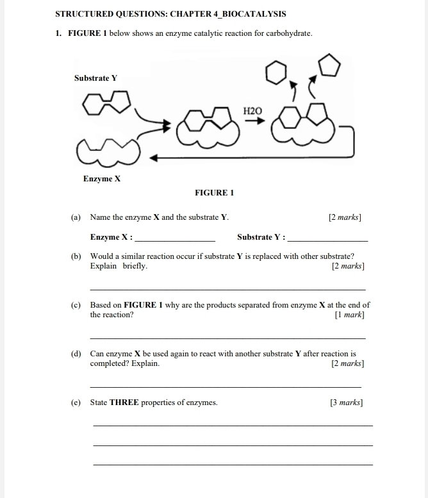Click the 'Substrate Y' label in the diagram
[x=95, y=78]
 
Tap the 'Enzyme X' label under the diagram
[x=102, y=179]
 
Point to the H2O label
[x=253, y=111]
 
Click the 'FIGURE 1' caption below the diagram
[x=214, y=193]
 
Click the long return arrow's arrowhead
[x=154, y=156]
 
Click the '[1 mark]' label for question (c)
[x=349, y=315]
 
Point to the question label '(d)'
[x=76, y=354]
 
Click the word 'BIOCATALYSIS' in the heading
[x=253, y=13]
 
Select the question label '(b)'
[x=76, y=256]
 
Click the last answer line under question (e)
[x=233, y=465]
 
